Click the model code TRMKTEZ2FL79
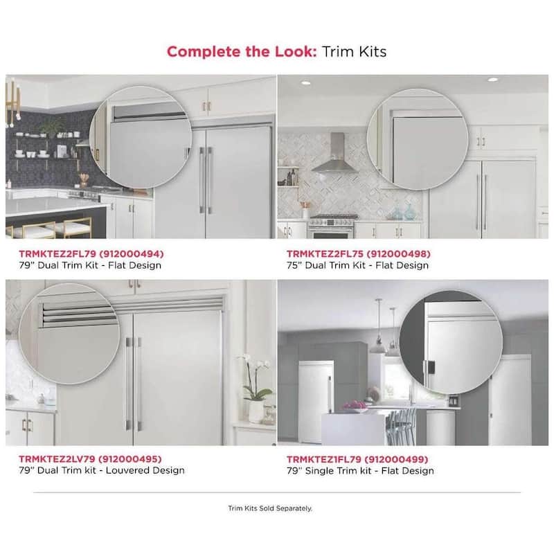coord(57,253)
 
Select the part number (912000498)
coord(398,253)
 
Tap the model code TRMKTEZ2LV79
coord(57,459)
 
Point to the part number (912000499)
coord(396,459)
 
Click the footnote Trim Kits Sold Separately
coord(270,508)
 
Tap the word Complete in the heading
coord(204,52)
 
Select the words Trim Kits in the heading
coord(354,51)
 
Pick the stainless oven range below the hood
coord(332,226)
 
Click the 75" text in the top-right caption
coord(293,265)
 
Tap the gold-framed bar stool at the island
coord(73,229)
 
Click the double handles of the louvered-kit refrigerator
coord(132,384)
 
